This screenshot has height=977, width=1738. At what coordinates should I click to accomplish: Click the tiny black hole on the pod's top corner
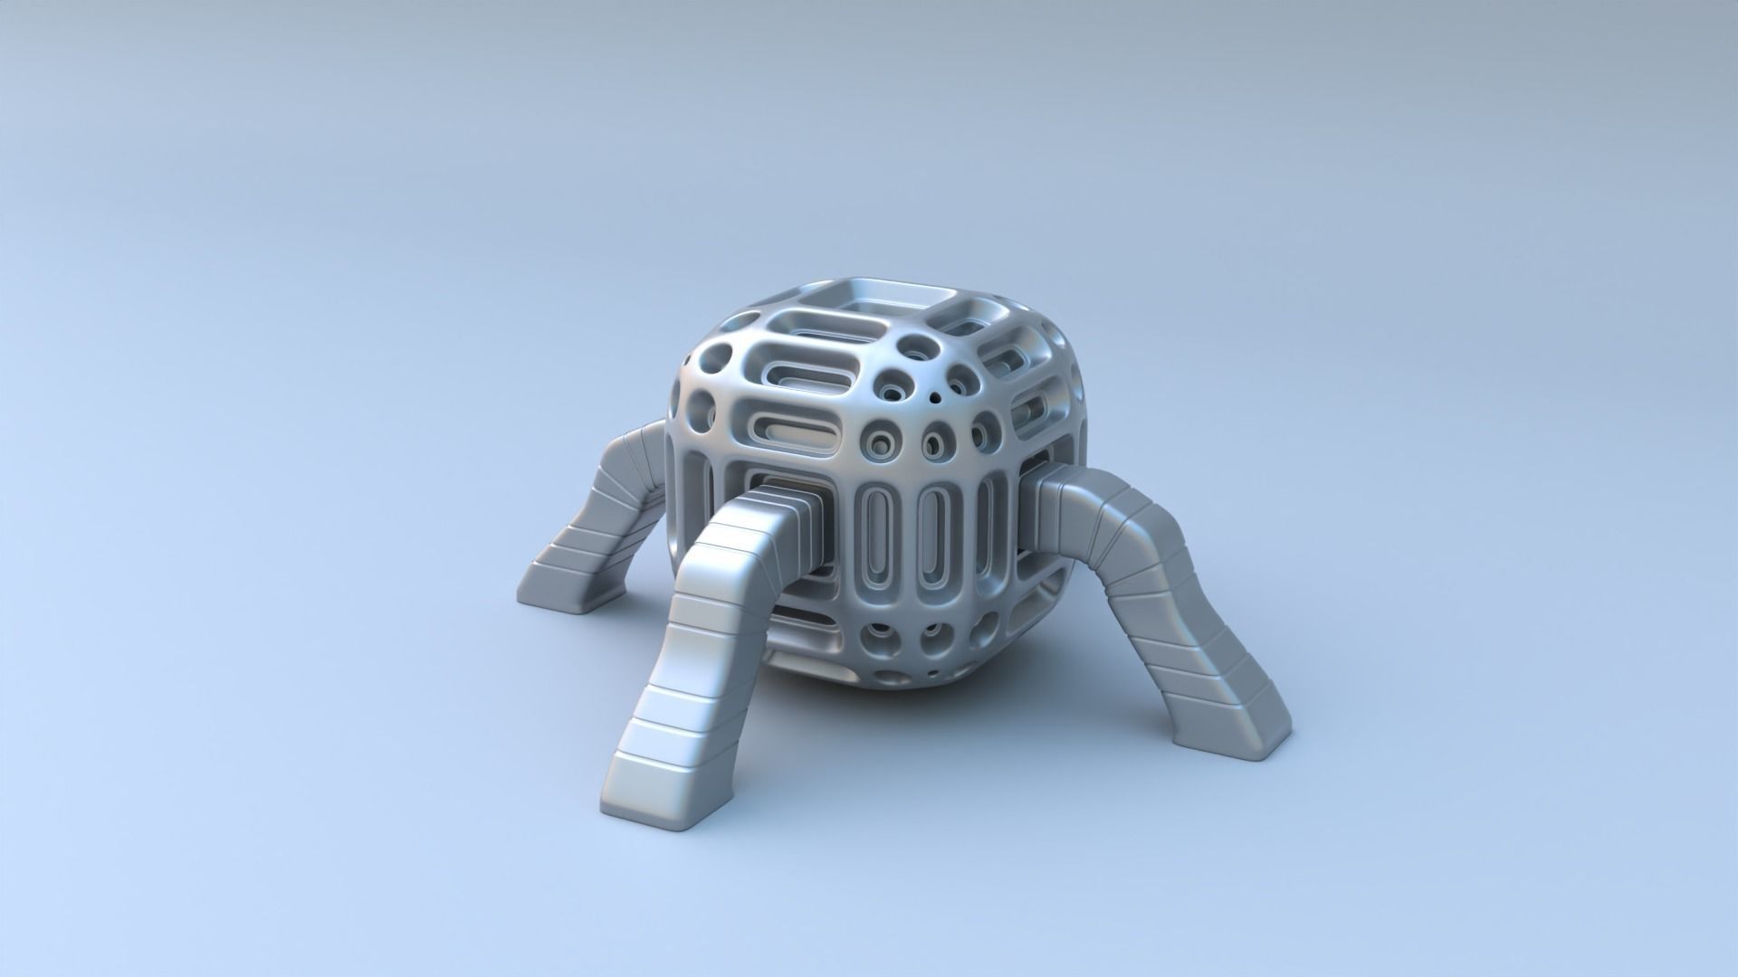(x=933, y=395)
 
